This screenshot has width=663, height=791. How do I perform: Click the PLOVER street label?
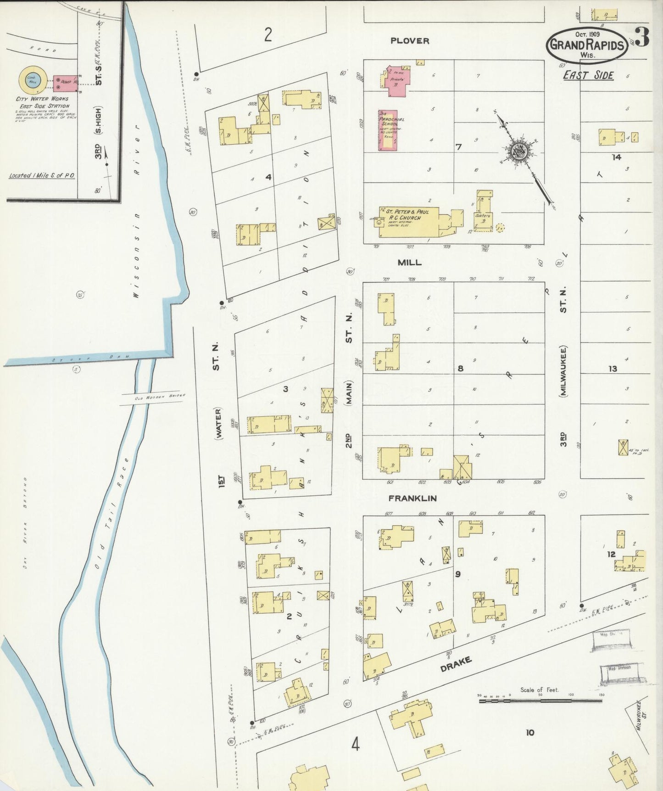coord(410,41)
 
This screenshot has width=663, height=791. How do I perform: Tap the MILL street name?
coord(410,262)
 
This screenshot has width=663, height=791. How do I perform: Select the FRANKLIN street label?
coord(412,498)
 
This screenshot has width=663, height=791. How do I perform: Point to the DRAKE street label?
coord(456,664)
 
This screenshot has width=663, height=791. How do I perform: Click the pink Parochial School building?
coord(388,130)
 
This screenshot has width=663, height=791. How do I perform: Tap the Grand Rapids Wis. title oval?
coord(587,45)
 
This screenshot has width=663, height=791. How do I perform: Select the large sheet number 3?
coord(642,38)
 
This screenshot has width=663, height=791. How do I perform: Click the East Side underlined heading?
coord(588,75)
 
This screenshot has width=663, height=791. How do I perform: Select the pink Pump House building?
coord(66,81)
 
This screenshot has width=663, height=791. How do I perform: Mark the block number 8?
coord(460,368)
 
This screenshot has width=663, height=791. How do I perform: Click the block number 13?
coord(613,368)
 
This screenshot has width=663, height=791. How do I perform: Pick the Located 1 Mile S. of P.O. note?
coord(42,175)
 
